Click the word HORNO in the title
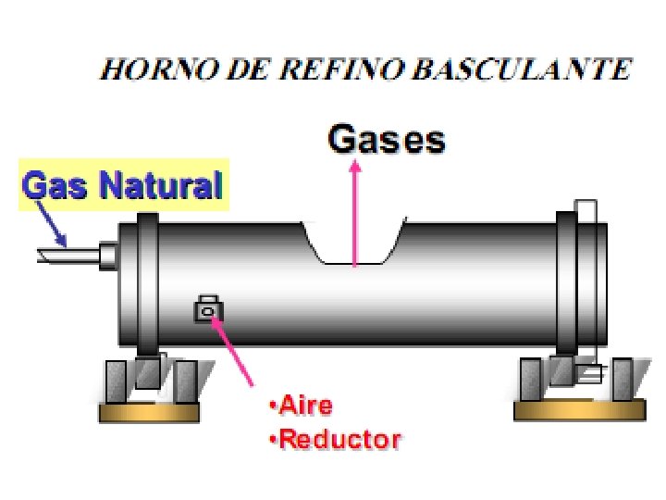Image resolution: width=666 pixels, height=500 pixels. [149, 69]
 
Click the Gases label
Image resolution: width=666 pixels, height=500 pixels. [387, 141]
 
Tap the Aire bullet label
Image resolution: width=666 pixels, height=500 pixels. [301, 406]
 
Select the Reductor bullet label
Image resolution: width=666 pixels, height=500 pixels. [336, 439]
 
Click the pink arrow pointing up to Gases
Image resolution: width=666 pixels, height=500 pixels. [354, 213]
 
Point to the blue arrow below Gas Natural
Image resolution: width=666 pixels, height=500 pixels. [52, 222]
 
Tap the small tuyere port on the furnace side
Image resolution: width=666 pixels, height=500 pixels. [208, 310]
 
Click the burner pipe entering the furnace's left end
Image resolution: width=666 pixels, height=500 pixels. [69, 253]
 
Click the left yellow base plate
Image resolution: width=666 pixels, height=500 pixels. [149, 412]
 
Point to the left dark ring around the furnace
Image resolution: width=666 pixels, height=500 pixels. [149, 282]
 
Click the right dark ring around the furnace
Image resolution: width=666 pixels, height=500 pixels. [566, 282]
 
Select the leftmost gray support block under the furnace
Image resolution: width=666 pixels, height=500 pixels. [115, 380]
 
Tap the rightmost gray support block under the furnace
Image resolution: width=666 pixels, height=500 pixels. [623, 379]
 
